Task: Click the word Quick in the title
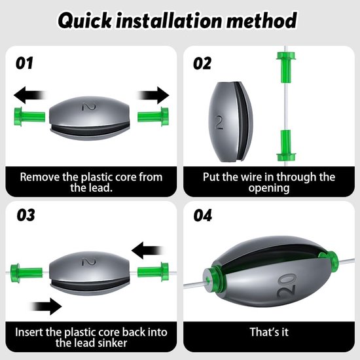[85, 21]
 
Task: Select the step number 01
[24, 63]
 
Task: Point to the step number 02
[202, 63]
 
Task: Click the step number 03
[26, 215]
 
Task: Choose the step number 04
[202, 215]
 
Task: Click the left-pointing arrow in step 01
[30, 95]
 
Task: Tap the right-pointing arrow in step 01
[153, 95]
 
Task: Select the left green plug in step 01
[29, 117]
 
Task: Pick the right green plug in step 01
[153, 117]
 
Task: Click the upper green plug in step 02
[286, 67]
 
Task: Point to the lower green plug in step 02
[286, 145]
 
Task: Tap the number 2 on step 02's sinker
[219, 122]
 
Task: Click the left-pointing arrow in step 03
[148, 250]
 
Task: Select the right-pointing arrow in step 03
[46, 306]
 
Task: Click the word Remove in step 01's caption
[39, 177]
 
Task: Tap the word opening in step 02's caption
[269, 189]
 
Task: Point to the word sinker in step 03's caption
[113, 343]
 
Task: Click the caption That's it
[269, 332]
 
